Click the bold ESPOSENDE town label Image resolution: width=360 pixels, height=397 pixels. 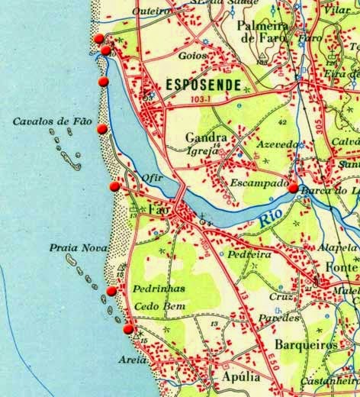click(x=204, y=84)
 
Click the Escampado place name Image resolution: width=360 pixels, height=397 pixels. click(x=257, y=183)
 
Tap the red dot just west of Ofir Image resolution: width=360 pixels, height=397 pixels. click(x=114, y=186)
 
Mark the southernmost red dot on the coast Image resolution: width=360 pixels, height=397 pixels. click(x=128, y=329)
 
